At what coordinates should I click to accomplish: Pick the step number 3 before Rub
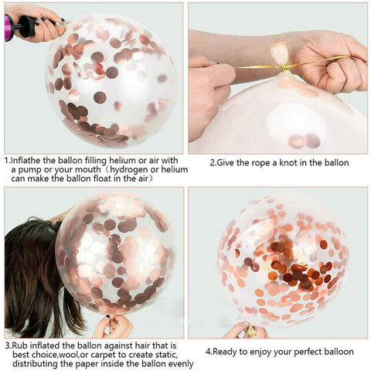(x=6, y=345)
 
